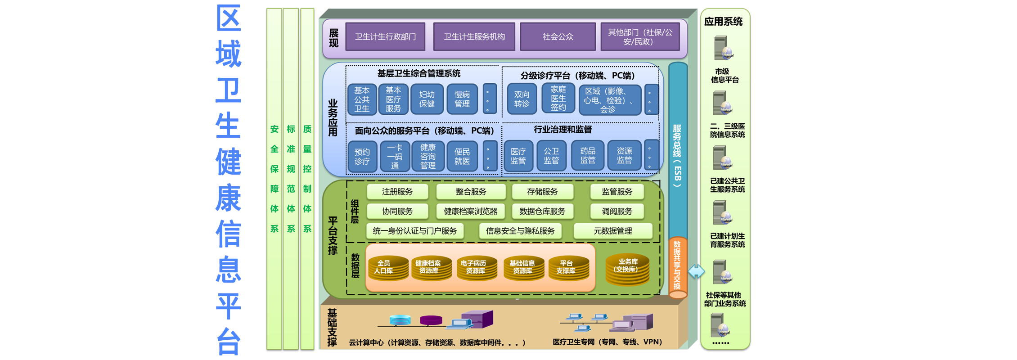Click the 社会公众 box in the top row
[558, 36]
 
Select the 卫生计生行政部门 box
[385, 36]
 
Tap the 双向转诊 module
[522, 99]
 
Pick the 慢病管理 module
[462, 99]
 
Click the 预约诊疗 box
[362, 157]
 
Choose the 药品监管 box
[588, 156]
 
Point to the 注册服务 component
[397, 192]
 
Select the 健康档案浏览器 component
[470, 211]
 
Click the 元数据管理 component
[612, 231]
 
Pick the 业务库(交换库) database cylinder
[627, 269]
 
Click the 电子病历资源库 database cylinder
[477, 268]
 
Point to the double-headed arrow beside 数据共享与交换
[696, 271]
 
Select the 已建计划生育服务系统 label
[727, 240]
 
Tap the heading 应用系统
[723, 22]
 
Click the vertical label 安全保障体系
[274, 179]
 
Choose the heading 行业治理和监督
[562, 130]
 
